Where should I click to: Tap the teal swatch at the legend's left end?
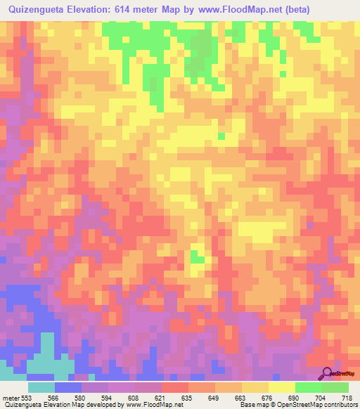click(x=41, y=387)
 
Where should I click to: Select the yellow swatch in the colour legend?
click(x=282, y=387)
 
